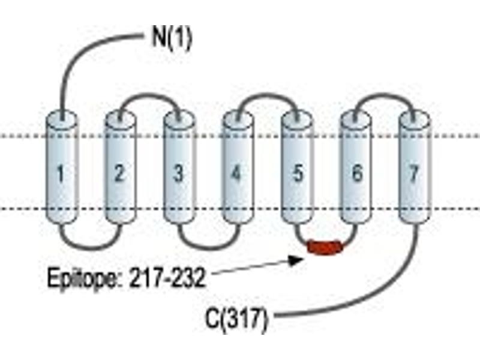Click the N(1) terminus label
(x=172, y=38)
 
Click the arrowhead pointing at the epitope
(x=296, y=260)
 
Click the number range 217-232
(x=167, y=278)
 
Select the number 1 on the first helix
(x=61, y=173)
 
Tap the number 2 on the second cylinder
(x=119, y=173)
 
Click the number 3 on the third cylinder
(x=178, y=173)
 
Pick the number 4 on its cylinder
(x=236, y=173)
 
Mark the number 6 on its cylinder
(x=356, y=173)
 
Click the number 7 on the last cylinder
(x=414, y=173)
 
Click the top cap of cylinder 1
(x=61, y=119)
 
